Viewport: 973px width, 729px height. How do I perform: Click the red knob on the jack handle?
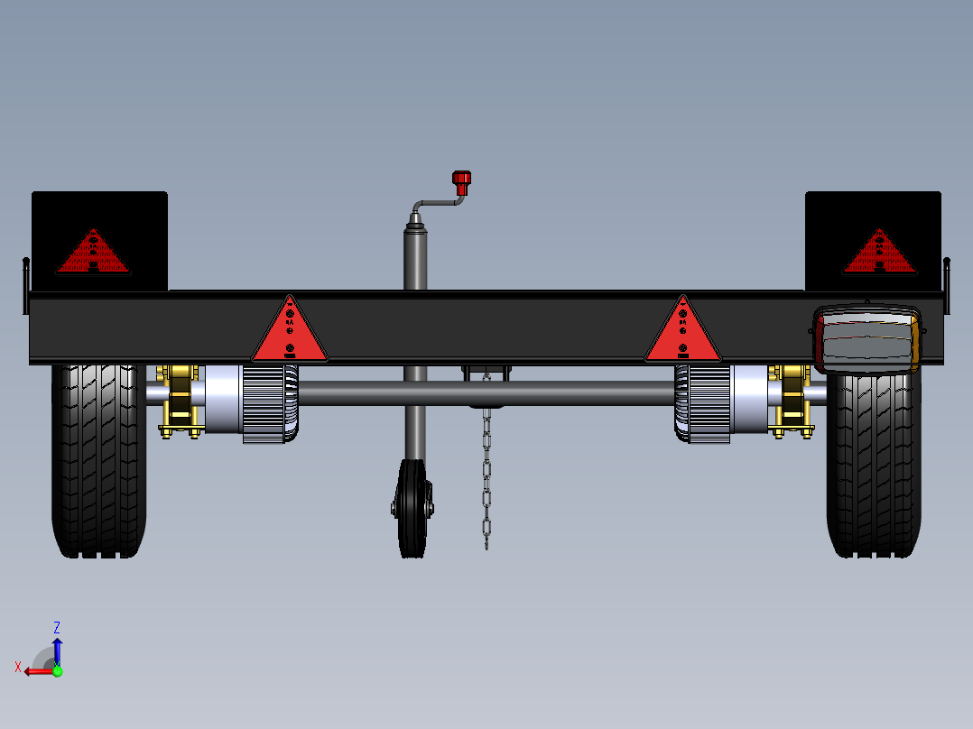[462, 182]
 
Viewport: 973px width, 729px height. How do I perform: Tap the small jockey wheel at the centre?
[412, 509]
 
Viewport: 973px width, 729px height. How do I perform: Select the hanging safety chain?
[486, 469]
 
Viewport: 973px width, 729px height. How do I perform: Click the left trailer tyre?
[99, 460]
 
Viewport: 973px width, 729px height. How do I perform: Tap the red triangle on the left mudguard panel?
[93, 253]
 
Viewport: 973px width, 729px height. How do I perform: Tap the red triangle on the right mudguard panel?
[880, 253]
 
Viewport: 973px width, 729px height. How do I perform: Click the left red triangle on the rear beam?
[289, 331]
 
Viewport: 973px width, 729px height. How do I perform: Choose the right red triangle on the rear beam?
[682, 331]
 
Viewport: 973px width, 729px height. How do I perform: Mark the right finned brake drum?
[702, 403]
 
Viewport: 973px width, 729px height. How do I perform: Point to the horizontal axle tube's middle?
[487, 393]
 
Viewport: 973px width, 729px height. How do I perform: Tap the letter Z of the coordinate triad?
[57, 627]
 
